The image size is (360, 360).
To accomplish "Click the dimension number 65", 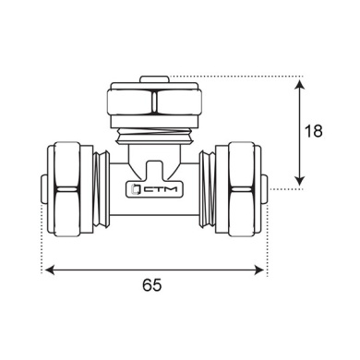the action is [151, 285].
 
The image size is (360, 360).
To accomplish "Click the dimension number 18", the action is [313, 131].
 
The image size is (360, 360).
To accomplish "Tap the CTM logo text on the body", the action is [161, 189].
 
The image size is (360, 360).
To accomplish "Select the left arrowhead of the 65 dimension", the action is [50, 270].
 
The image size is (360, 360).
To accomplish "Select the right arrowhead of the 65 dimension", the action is [259, 270].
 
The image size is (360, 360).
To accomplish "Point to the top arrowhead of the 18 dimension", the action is [299, 84].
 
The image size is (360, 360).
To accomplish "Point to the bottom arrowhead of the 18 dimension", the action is [299, 181].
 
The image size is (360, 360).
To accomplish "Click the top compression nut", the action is [154, 102].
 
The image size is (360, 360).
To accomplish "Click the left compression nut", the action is [70, 189].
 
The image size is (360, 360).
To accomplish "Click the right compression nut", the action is [238, 189].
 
